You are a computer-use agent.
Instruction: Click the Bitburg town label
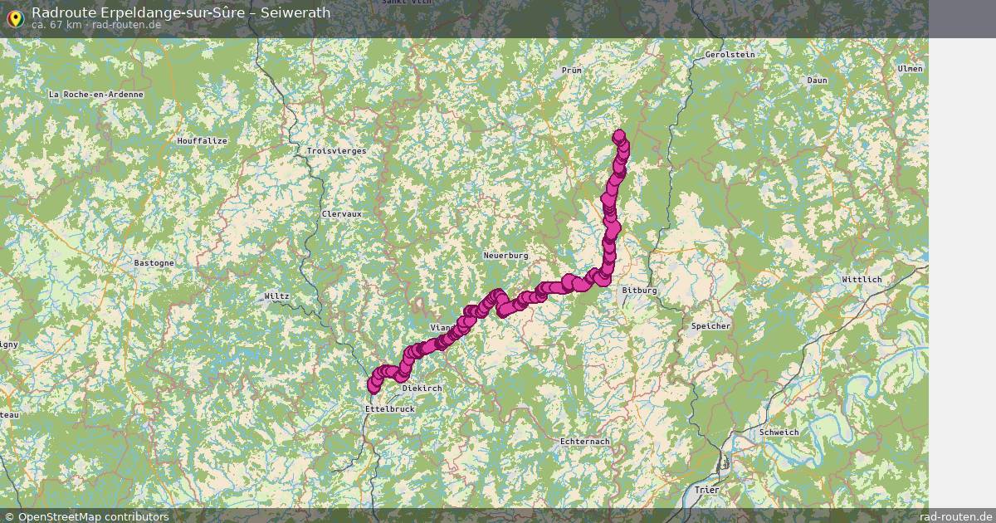click(639, 291)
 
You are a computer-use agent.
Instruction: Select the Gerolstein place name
click(730, 55)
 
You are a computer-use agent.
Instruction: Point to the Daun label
click(817, 81)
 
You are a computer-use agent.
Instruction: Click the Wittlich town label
click(862, 280)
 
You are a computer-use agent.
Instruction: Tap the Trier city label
click(707, 490)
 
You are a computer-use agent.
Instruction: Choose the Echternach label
click(584, 441)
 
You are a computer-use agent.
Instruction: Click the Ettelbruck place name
click(389, 409)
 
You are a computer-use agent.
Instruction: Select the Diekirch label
click(422, 389)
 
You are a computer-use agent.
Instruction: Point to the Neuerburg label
click(505, 256)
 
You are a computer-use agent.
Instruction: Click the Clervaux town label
click(342, 213)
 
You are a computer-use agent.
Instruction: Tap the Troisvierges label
click(336, 151)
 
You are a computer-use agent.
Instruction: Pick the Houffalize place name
click(202, 141)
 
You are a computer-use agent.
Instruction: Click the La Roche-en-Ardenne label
click(96, 95)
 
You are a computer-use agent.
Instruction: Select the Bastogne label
click(154, 263)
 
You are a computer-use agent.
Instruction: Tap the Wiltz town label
click(276, 296)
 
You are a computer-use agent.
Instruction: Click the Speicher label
click(710, 326)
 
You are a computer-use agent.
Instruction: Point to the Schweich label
click(779, 433)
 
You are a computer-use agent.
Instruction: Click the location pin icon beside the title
click(14, 18)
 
